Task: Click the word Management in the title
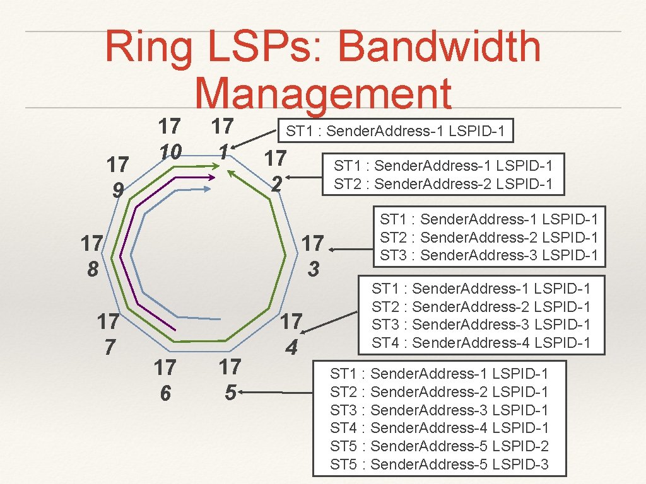point(324,95)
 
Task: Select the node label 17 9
point(117,176)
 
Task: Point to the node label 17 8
point(93,256)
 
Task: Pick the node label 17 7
point(109,334)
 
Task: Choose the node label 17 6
point(165,379)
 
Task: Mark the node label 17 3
point(313,256)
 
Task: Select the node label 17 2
point(276,170)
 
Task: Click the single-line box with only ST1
point(396,132)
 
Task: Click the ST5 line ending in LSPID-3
point(439,465)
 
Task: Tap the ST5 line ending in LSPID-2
point(439,447)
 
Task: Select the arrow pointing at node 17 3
point(349,250)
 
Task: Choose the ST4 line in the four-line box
point(481,343)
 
